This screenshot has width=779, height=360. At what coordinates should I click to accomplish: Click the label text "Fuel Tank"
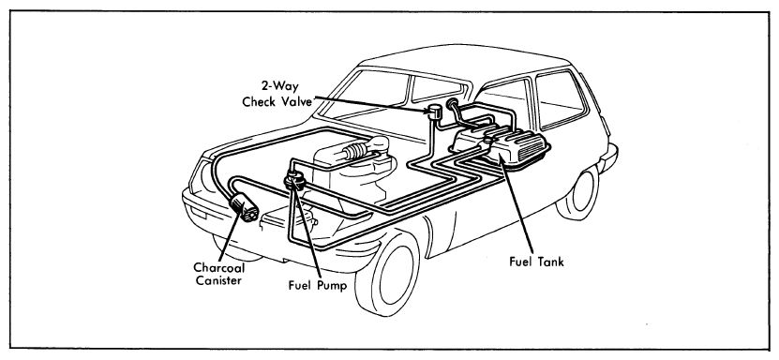(x=537, y=262)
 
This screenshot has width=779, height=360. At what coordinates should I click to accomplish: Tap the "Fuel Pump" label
(x=318, y=286)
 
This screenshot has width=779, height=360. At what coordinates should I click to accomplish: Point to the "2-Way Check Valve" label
(x=277, y=94)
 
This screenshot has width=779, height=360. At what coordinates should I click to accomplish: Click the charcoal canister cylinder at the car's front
(x=244, y=207)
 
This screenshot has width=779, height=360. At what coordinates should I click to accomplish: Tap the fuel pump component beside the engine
(x=294, y=179)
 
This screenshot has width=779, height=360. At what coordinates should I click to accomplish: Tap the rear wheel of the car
(x=577, y=191)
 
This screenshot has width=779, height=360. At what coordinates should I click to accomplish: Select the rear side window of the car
(x=560, y=97)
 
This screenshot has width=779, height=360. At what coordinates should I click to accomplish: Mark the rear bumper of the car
(x=607, y=157)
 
